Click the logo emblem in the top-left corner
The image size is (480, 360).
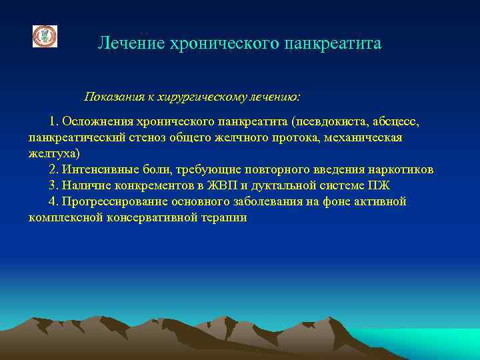[45, 36]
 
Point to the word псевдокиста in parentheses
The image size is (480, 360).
[323, 122]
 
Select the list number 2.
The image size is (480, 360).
[53, 169]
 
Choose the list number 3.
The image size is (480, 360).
[53, 185]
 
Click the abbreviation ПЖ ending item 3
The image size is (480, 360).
[383, 185]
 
